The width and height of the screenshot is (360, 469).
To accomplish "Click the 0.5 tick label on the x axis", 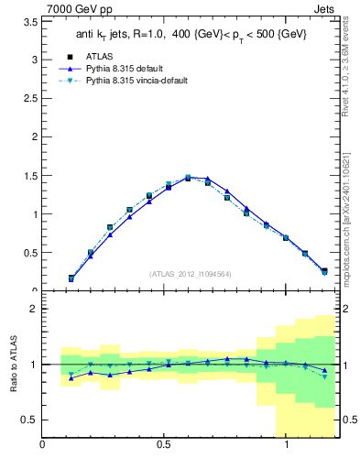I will coord(165,445).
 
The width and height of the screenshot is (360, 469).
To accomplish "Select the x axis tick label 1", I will coord(287,445).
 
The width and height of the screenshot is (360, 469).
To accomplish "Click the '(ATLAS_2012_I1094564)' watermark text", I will coord(191,274).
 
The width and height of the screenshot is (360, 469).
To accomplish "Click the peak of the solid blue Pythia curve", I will coord(188,178).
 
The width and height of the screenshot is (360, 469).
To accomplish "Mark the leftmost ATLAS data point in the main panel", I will coord(71,278).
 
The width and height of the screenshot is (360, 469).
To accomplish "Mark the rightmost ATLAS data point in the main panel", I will coord(324,270).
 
